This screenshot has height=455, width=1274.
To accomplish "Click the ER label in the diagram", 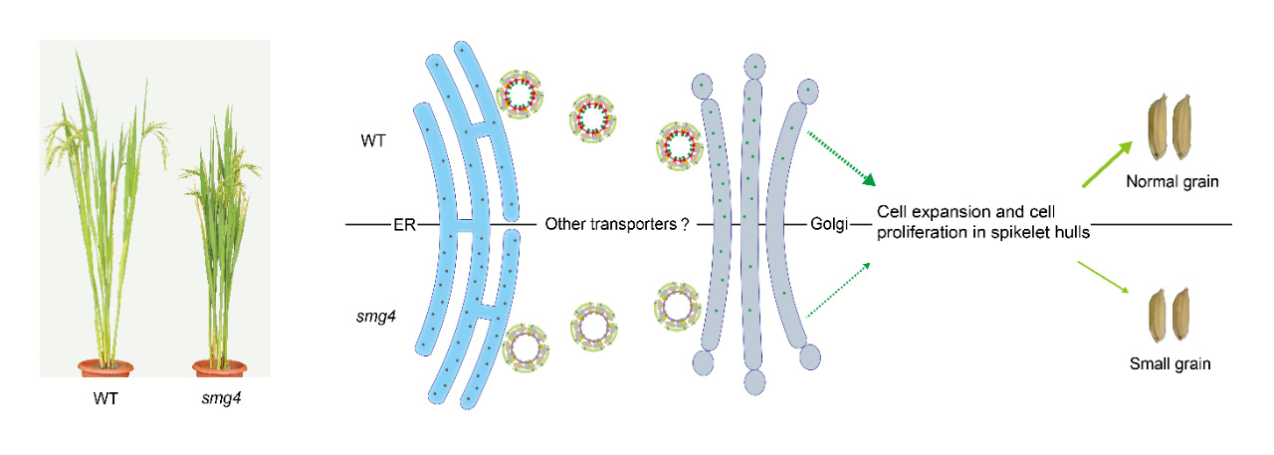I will (x=403, y=224).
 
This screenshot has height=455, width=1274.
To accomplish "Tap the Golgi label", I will (x=828, y=224).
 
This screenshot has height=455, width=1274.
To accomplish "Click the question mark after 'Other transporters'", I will (x=686, y=224).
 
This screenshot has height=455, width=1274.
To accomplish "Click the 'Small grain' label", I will (x=1169, y=363).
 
